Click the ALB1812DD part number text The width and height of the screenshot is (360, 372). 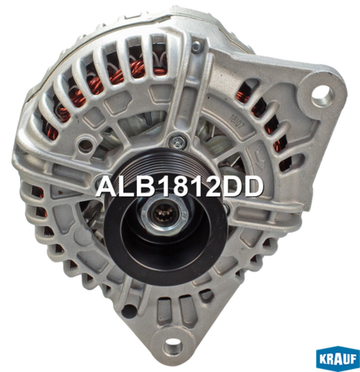(180, 186)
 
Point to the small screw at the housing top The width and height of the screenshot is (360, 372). (197, 47)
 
